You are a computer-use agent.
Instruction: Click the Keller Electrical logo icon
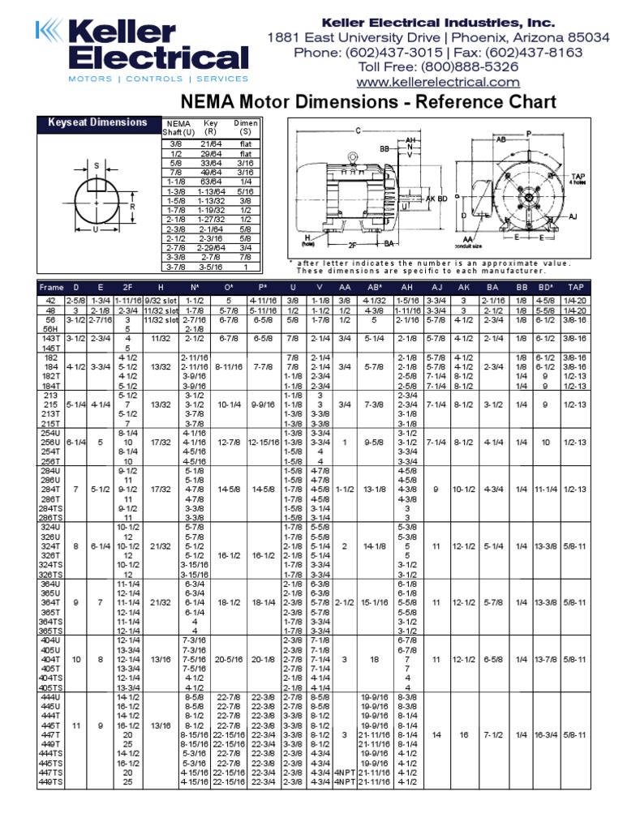coord(49,33)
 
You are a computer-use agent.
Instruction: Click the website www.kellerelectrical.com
coord(438,82)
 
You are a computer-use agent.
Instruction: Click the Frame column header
coord(51,287)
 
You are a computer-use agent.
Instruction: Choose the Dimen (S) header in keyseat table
coord(245,127)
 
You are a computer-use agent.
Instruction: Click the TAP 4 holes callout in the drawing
coord(579,178)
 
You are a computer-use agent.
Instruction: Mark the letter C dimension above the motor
coord(357,130)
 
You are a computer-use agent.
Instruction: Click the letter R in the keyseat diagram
coord(132,206)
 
